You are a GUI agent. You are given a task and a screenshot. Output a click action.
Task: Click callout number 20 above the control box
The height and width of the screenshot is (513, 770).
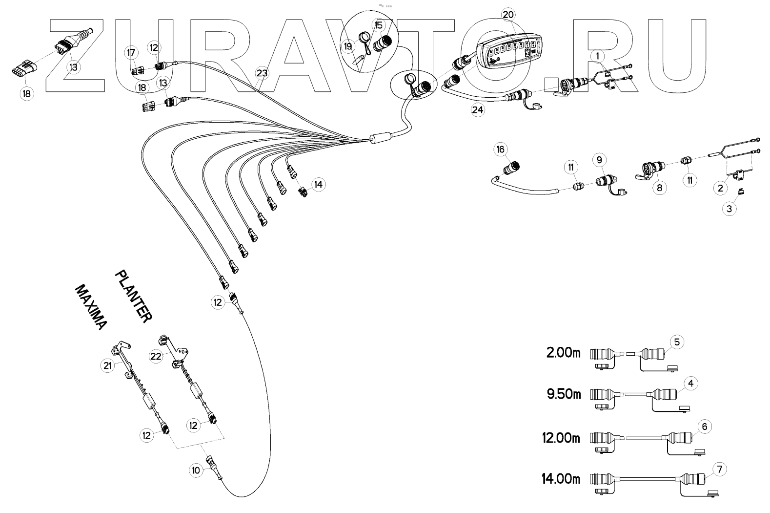(x=508, y=15)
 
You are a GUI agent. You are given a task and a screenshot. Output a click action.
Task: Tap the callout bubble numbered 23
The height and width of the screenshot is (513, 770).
(x=262, y=74)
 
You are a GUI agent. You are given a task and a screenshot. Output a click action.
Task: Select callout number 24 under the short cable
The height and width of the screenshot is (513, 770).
(x=478, y=110)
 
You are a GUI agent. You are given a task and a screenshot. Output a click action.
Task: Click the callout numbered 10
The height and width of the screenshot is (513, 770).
(x=196, y=470)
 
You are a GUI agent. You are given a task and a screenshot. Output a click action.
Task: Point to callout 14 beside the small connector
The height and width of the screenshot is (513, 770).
(x=318, y=185)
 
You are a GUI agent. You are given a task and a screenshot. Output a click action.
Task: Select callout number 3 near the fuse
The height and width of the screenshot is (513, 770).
(x=729, y=209)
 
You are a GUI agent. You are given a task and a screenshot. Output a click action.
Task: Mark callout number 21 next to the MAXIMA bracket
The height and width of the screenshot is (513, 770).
(x=107, y=364)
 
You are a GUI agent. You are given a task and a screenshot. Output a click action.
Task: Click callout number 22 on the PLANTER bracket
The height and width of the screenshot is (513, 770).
(x=156, y=357)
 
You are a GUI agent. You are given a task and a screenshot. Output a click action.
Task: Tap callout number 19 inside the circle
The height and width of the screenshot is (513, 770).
(x=348, y=46)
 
